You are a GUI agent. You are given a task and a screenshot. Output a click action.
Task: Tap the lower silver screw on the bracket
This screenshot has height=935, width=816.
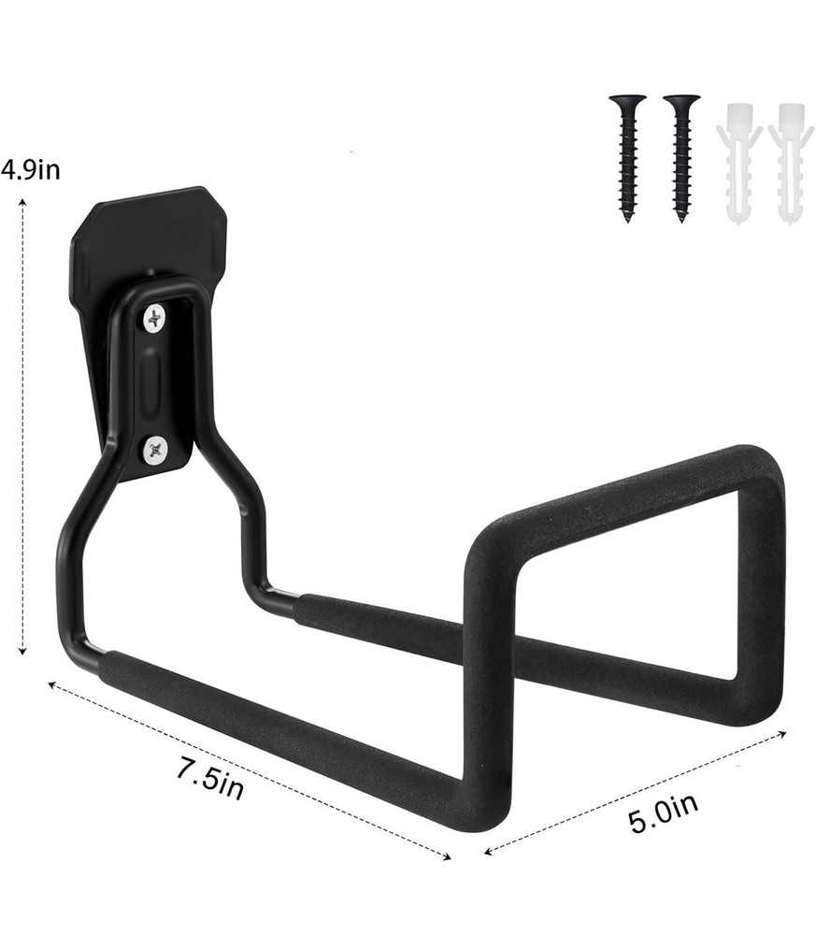pyautogui.click(x=154, y=451)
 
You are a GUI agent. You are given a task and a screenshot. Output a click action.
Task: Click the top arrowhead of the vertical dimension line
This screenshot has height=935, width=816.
pyautogui.click(x=21, y=210)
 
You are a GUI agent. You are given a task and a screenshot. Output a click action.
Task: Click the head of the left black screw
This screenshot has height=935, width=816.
pyautogui.click(x=627, y=100)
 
